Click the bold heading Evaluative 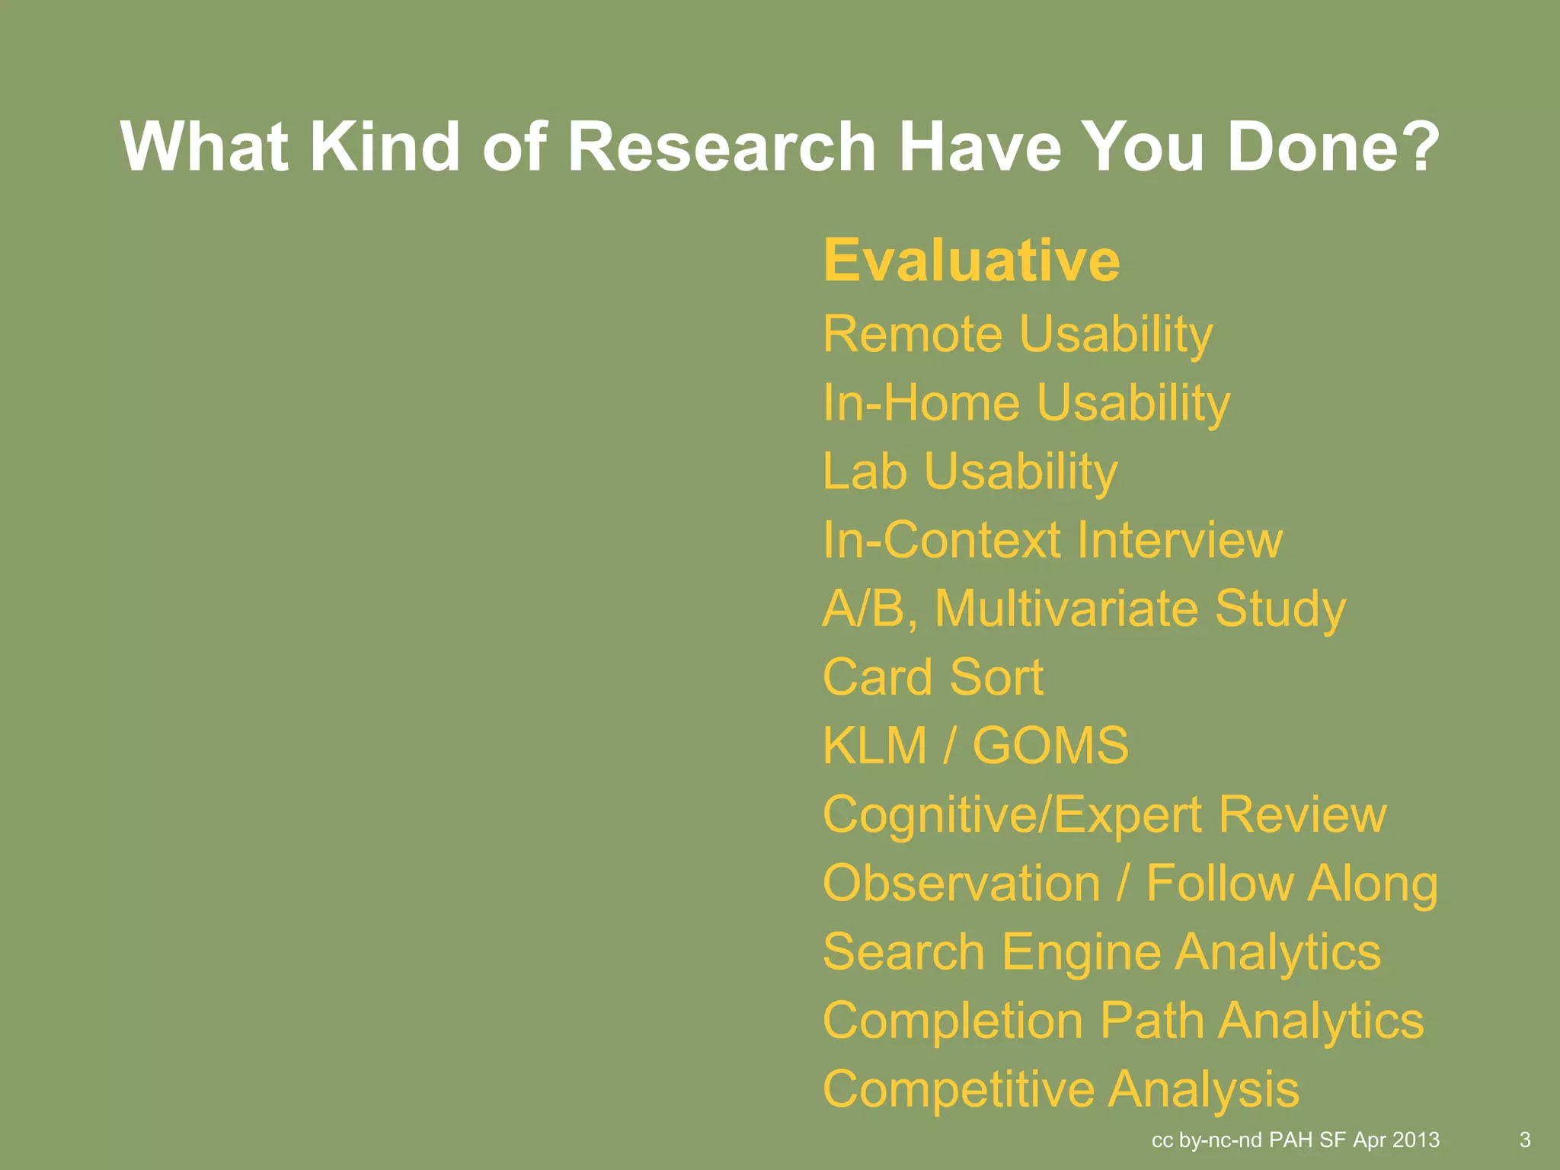[x=971, y=261]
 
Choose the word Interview [x=1180, y=540]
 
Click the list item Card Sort [x=933, y=677]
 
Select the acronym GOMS [x=1050, y=746]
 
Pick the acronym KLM [x=874, y=746]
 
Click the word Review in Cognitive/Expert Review [x=1303, y=814]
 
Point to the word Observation [x=961, y=884]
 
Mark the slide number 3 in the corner [x=1525, y=1140]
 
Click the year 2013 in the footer [x=1416, y=1140]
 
